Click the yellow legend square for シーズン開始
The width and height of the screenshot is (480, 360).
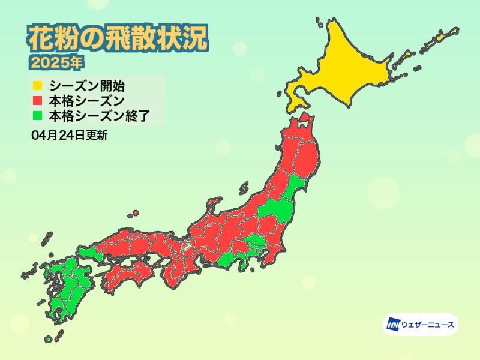[x=37, y=86]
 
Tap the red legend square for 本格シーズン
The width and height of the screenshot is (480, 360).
[x=37, y=100]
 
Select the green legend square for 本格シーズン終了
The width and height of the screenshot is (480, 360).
[x=37, y=114]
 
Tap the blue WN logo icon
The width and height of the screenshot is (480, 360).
[x=394, y=325]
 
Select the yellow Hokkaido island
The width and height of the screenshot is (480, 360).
[x=354, y=72]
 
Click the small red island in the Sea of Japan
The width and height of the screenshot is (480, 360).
[x=135, y=213]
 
